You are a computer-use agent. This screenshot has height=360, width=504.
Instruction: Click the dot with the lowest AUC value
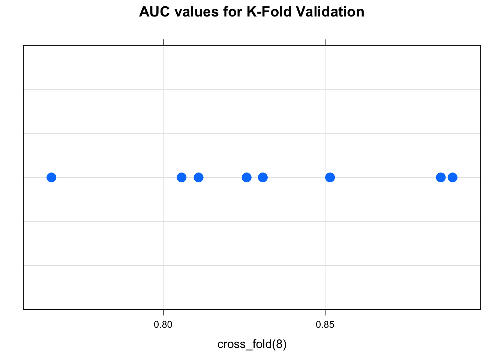point(51,177)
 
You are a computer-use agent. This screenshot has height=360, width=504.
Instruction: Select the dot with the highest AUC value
point(453,177)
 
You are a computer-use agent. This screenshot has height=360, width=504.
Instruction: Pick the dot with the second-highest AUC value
point(441,177)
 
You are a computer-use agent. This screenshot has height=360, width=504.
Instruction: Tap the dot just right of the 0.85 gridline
point(330,177)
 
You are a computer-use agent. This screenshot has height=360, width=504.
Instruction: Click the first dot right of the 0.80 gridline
point(181,177)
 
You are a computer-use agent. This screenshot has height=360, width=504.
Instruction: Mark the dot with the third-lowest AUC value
point(199,177)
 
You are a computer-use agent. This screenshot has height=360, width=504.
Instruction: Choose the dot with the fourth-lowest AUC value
point(246,177)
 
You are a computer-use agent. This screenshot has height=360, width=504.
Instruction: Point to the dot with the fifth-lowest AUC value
point(263,177)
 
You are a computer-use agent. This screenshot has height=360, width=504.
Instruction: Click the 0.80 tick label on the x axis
point(163,325)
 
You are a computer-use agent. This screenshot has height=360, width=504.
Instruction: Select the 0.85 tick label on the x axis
point(325,325)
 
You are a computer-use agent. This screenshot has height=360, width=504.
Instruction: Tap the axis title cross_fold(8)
point(252,344)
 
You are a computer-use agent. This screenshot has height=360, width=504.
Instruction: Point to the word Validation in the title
point(330,12)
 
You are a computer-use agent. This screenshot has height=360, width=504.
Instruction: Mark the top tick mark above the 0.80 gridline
point(163,42)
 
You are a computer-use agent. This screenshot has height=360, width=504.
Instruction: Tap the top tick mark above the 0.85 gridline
point(325,42)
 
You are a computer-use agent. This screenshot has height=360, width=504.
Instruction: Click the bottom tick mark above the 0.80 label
point(163,312)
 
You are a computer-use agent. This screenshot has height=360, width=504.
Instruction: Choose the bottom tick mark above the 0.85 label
point(325,312)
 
